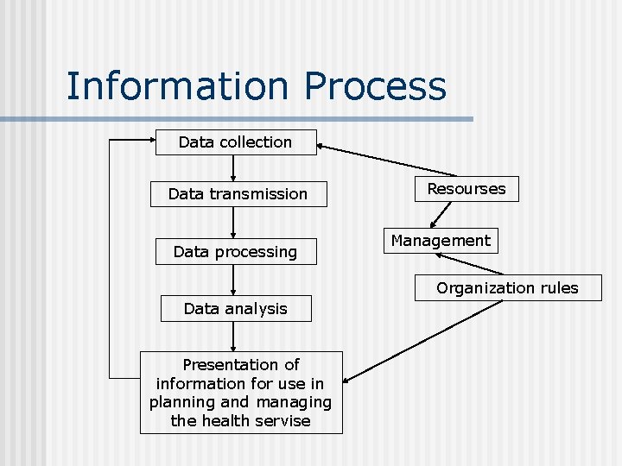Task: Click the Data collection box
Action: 235,142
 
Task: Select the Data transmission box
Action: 238,194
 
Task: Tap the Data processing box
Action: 235,252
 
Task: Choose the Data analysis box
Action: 235,308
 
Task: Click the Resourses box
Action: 466,189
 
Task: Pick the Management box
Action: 440,241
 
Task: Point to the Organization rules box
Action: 507,288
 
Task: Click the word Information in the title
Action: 179,86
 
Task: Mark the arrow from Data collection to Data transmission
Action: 234,168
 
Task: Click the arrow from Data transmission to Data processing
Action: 234,222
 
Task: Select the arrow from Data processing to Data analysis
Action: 234,280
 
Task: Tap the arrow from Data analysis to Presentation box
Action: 234,337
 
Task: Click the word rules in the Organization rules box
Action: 557,288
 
